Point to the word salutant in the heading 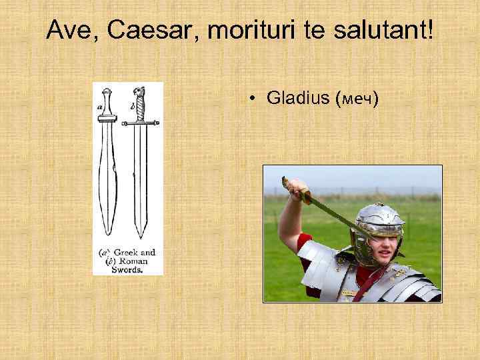[377, 30]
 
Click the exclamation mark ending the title [430, 30]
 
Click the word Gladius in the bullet [298, 99]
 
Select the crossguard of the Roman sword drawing [141, 123]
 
